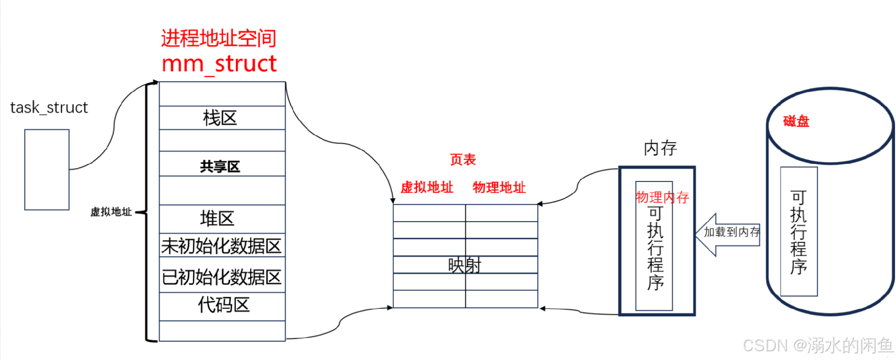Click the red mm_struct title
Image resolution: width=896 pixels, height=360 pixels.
219,64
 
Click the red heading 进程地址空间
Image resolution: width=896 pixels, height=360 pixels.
219,38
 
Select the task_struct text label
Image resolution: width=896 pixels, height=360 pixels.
49,108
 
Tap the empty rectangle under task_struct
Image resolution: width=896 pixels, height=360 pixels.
47,169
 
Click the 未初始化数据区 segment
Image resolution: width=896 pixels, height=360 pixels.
222,246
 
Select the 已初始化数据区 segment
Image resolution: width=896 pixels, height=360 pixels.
222,276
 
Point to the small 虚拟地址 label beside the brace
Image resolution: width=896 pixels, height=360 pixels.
111,212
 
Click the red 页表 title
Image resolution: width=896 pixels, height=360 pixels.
463,160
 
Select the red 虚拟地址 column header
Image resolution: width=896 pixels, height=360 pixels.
427,187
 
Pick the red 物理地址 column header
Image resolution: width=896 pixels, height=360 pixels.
499,187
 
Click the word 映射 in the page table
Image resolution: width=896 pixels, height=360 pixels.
465,265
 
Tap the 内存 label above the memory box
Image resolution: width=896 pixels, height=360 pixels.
660,149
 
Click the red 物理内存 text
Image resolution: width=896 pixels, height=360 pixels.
662,198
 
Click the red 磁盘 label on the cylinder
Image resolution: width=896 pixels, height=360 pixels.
796,121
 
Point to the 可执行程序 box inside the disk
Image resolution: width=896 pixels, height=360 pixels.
799,232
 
